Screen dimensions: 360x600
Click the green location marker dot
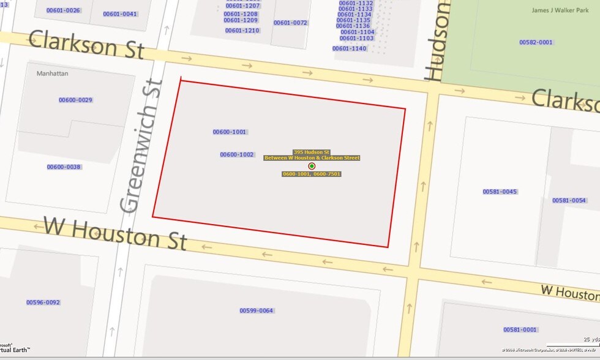coord(312,166)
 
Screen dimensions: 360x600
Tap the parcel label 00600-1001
coord(230,132)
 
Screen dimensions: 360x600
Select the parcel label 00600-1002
coord(237,154)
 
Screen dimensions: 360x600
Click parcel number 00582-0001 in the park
coord(536,42)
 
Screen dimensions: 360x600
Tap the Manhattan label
coord(53,73)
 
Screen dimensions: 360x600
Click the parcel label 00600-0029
coord(75,100)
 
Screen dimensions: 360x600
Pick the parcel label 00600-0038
coord(64,167)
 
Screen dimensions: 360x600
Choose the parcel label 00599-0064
coord(256,310)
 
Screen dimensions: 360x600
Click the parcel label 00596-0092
coord(43,302)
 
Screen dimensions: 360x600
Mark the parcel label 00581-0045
coord(500,192)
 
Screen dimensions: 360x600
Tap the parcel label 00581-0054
coord(569,200)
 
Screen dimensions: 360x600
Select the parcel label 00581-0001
coord(520,329)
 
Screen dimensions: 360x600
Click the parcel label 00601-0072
coord(290,23)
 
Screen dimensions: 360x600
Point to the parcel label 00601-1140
coord(350,48)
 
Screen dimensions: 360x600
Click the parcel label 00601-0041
coord(120,13)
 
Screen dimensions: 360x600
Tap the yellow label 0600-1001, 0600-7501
coord(311,174)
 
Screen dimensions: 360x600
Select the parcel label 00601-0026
coord(63,10)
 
